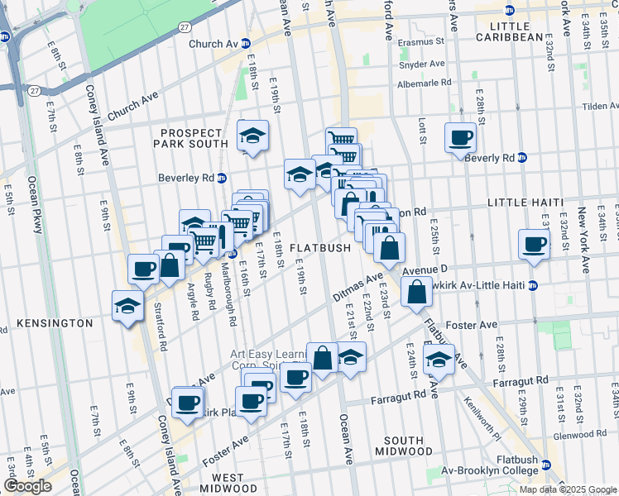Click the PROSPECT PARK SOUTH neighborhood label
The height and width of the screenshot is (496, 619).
pos(191,137)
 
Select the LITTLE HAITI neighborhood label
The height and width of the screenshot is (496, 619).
pos(525,203)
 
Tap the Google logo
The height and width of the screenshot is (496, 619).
pos(26,486)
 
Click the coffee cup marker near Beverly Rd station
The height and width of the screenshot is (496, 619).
pos(460,138)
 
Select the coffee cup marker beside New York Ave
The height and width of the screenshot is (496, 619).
pos(534,245)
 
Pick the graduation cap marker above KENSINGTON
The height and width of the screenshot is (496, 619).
pos(128,305)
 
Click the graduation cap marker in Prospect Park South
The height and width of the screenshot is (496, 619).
pos(252,135)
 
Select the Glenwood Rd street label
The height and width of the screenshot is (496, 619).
pos(583,433)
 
